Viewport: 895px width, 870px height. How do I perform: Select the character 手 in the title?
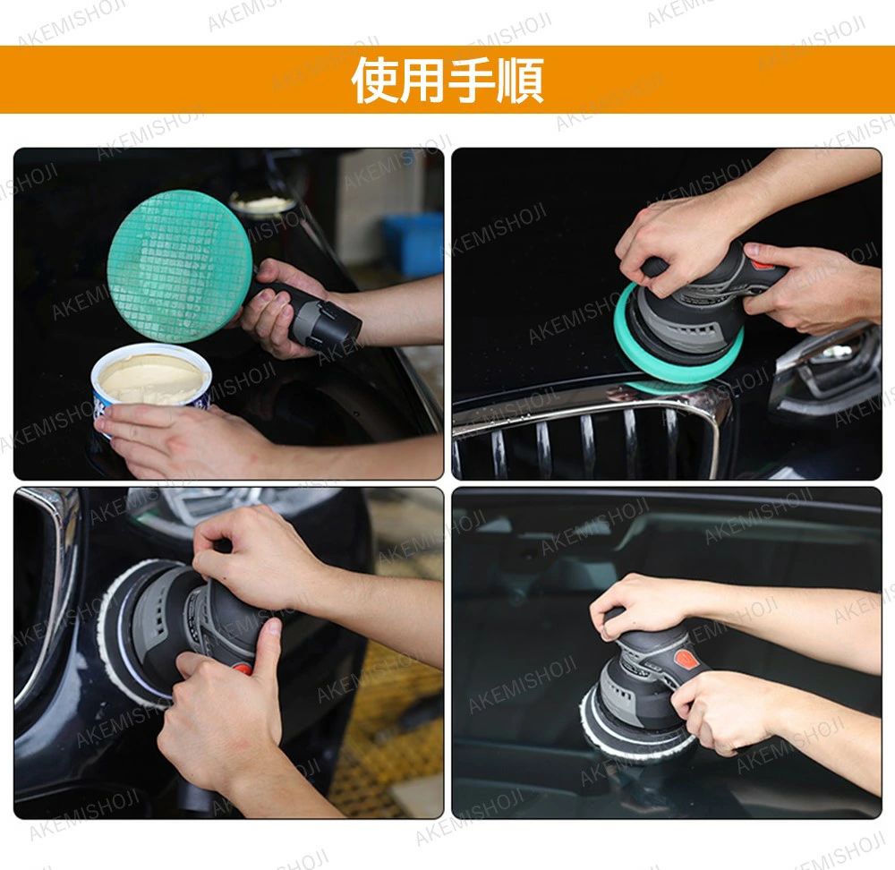[471, 81]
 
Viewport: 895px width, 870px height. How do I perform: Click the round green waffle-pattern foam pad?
[180, 267]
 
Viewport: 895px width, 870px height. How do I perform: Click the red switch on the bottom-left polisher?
[243, 668]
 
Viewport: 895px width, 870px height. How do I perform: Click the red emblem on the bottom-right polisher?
[685, 660]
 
